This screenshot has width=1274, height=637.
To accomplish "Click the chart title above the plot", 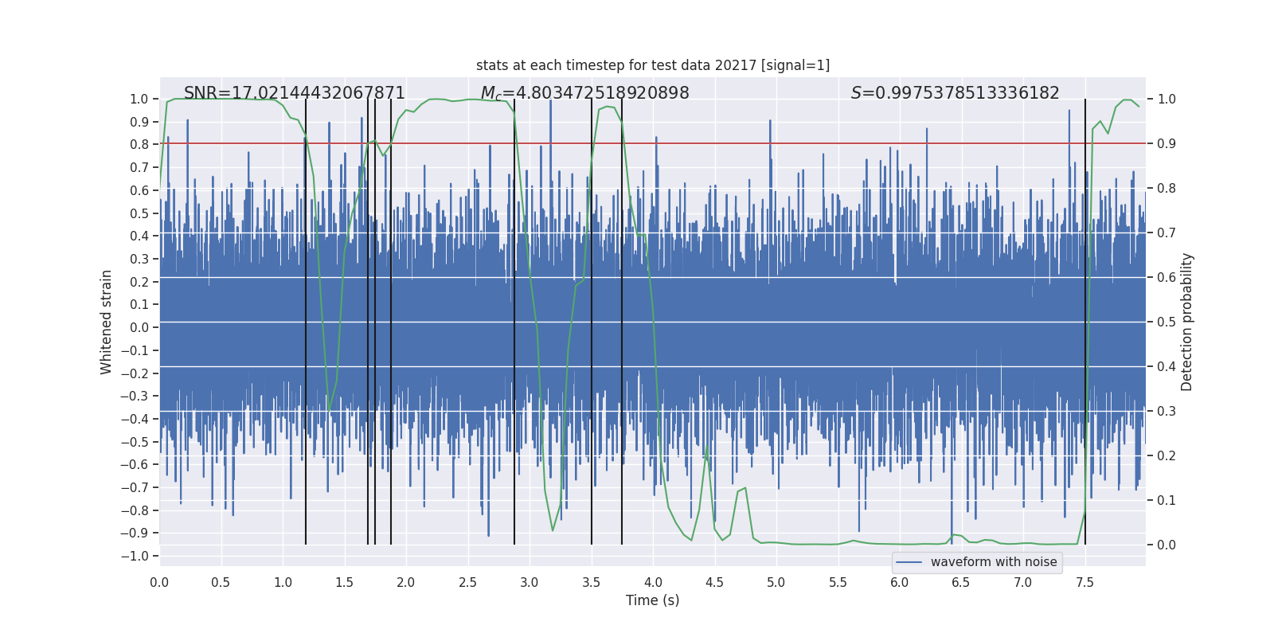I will (653, 65).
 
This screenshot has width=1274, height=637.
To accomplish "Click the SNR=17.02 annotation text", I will (295, 93).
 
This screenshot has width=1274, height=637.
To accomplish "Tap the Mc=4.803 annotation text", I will (585, 93).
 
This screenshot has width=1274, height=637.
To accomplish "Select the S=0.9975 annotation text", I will (955, 93).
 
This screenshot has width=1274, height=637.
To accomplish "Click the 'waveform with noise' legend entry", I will (993, 562).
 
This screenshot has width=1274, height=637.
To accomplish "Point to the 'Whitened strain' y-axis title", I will (107, 322).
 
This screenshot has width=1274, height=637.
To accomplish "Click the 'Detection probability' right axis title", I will (1186, 322).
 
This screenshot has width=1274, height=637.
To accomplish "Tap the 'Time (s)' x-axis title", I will (652, 600).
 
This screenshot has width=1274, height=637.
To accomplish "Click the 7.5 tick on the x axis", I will (1084, 582).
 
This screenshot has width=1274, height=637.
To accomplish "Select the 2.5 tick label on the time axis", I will (467, 582).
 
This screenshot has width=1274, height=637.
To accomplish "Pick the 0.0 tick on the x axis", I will (159, 582).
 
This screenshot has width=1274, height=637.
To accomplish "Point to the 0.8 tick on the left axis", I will (139, 145).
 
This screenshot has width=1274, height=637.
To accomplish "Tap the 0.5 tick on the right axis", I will (1167, 322).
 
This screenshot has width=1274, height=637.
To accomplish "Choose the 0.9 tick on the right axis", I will (1167, 143).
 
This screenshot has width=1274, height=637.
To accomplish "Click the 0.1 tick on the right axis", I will (1167, 500).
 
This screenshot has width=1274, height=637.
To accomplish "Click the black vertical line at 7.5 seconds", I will (1085, 318).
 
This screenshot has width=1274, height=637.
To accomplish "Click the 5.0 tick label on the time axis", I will (776, 582).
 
